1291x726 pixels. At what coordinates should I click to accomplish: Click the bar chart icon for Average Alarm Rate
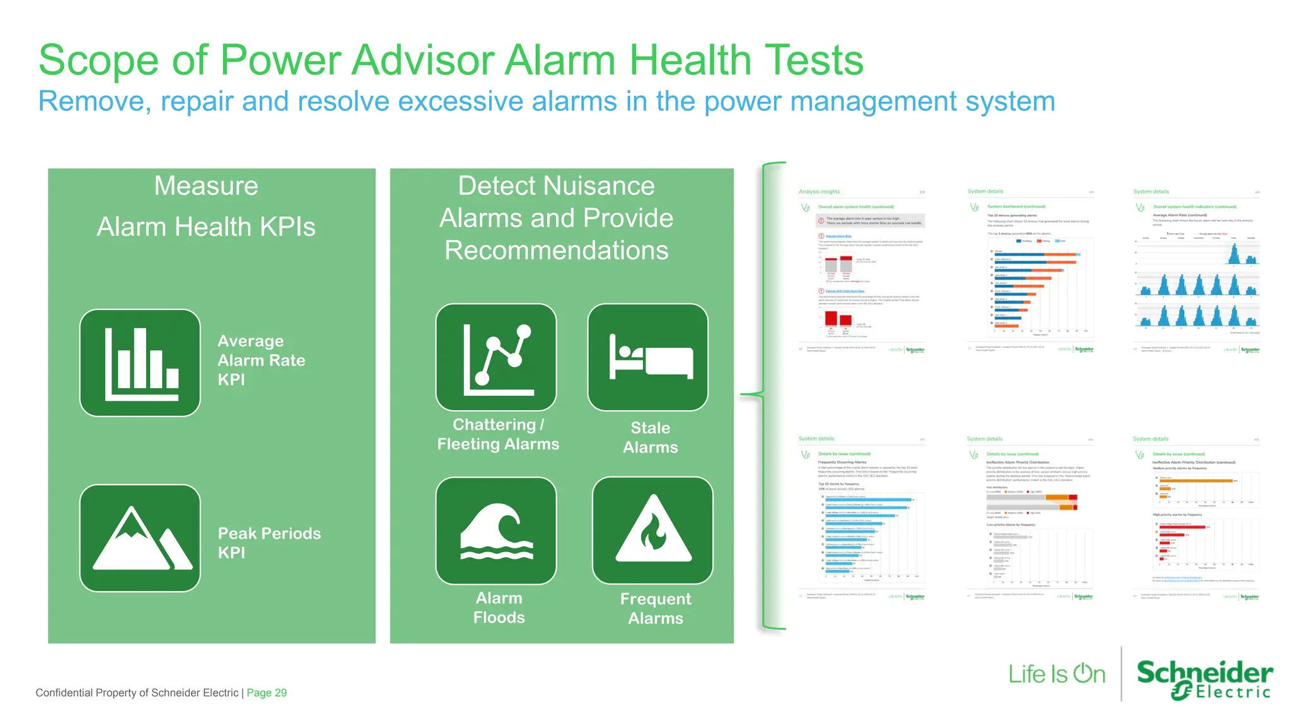[x=140, y=363]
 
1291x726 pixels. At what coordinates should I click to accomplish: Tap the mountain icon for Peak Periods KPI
[x=140, y=538]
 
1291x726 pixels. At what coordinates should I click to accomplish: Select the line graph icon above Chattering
[x=496, y=357]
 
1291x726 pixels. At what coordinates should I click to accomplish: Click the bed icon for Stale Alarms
[x=648, y=357]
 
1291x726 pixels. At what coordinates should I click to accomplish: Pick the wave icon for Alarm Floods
[x=496, y=531]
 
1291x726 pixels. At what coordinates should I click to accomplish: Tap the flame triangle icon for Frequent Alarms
[x=653, y=531]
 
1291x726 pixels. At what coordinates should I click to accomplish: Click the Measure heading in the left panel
[x=206, y=186]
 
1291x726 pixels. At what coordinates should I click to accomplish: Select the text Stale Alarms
[x=651, y=437]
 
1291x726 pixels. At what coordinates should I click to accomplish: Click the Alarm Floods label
[x=499, y=608]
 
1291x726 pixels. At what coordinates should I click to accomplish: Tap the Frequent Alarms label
[x=656, y=608]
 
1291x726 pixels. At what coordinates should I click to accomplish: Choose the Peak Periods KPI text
[x=269, y=543]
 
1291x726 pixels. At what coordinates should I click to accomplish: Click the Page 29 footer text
[x=267, y=693]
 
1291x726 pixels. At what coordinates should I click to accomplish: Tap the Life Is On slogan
[x=1057, y=674]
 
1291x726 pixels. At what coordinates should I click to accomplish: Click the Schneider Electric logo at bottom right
[x=1204, y=679]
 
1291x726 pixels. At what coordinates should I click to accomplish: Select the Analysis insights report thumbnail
[x=862, y=271]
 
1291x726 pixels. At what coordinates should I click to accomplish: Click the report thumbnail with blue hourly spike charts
[x=1196, y=271]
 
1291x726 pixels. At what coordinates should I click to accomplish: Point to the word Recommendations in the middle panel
[x=556, y=251]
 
